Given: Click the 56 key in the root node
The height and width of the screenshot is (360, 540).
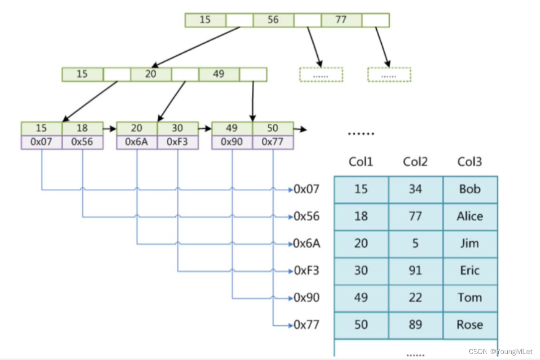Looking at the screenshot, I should point(273,20).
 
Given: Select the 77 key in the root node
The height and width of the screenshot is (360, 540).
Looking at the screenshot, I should point(341,20).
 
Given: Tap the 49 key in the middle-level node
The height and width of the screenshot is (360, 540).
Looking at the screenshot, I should point(218,74).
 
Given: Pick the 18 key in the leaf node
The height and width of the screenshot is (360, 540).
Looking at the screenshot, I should point(82,128).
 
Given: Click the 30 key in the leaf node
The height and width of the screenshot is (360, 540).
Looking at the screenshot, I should point(177,128).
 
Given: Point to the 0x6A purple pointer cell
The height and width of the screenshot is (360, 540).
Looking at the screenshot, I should point(137,142).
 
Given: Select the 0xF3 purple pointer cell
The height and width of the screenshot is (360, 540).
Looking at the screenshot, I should point(177,142).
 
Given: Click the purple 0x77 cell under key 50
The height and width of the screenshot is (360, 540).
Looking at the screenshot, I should point(273,142).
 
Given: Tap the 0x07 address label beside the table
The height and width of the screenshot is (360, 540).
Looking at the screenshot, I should point(307,189).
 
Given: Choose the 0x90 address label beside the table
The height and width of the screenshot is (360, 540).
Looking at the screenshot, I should point(307,298).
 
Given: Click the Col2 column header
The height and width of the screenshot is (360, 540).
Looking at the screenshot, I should point(415,162).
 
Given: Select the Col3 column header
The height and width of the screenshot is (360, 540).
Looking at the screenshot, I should point(469,162).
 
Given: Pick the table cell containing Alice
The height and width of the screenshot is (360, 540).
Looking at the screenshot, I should point(470,216).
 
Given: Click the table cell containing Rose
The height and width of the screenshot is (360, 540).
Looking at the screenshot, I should point(470,325).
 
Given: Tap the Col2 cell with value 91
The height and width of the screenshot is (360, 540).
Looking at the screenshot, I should point(415,270).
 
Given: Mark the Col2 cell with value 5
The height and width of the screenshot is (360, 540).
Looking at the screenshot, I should point(415,244).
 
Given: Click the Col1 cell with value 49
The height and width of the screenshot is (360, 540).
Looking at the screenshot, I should point(361,298).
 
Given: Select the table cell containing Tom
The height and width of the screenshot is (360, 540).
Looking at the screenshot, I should point(470,298).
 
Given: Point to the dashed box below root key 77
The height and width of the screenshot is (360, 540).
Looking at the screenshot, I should point(389,75).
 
